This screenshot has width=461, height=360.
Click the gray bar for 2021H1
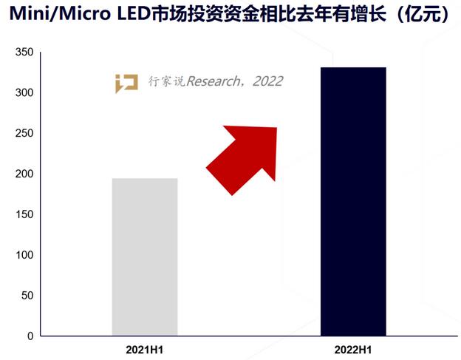pos(145,257)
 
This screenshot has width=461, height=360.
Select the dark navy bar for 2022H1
pos(353,201)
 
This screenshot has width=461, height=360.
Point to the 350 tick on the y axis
pos(24,52)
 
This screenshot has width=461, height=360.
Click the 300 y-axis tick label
pos(24,93)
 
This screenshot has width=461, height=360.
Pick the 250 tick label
pos(24,134)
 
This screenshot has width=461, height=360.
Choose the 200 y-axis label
pos(24,174)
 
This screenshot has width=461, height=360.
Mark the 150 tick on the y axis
pos(24,215)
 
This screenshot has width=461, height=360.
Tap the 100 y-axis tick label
pos(24,256)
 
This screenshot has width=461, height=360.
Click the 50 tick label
pos(27,296)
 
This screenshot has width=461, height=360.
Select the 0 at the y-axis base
pos(30,336)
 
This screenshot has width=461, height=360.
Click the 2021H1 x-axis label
pos(145,347)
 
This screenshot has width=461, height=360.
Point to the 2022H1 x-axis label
pos(353,347)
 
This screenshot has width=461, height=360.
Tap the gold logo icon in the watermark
pos(126,82)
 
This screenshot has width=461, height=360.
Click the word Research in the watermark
pos(214,81)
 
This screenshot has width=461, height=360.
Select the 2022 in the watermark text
pos(267,81)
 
